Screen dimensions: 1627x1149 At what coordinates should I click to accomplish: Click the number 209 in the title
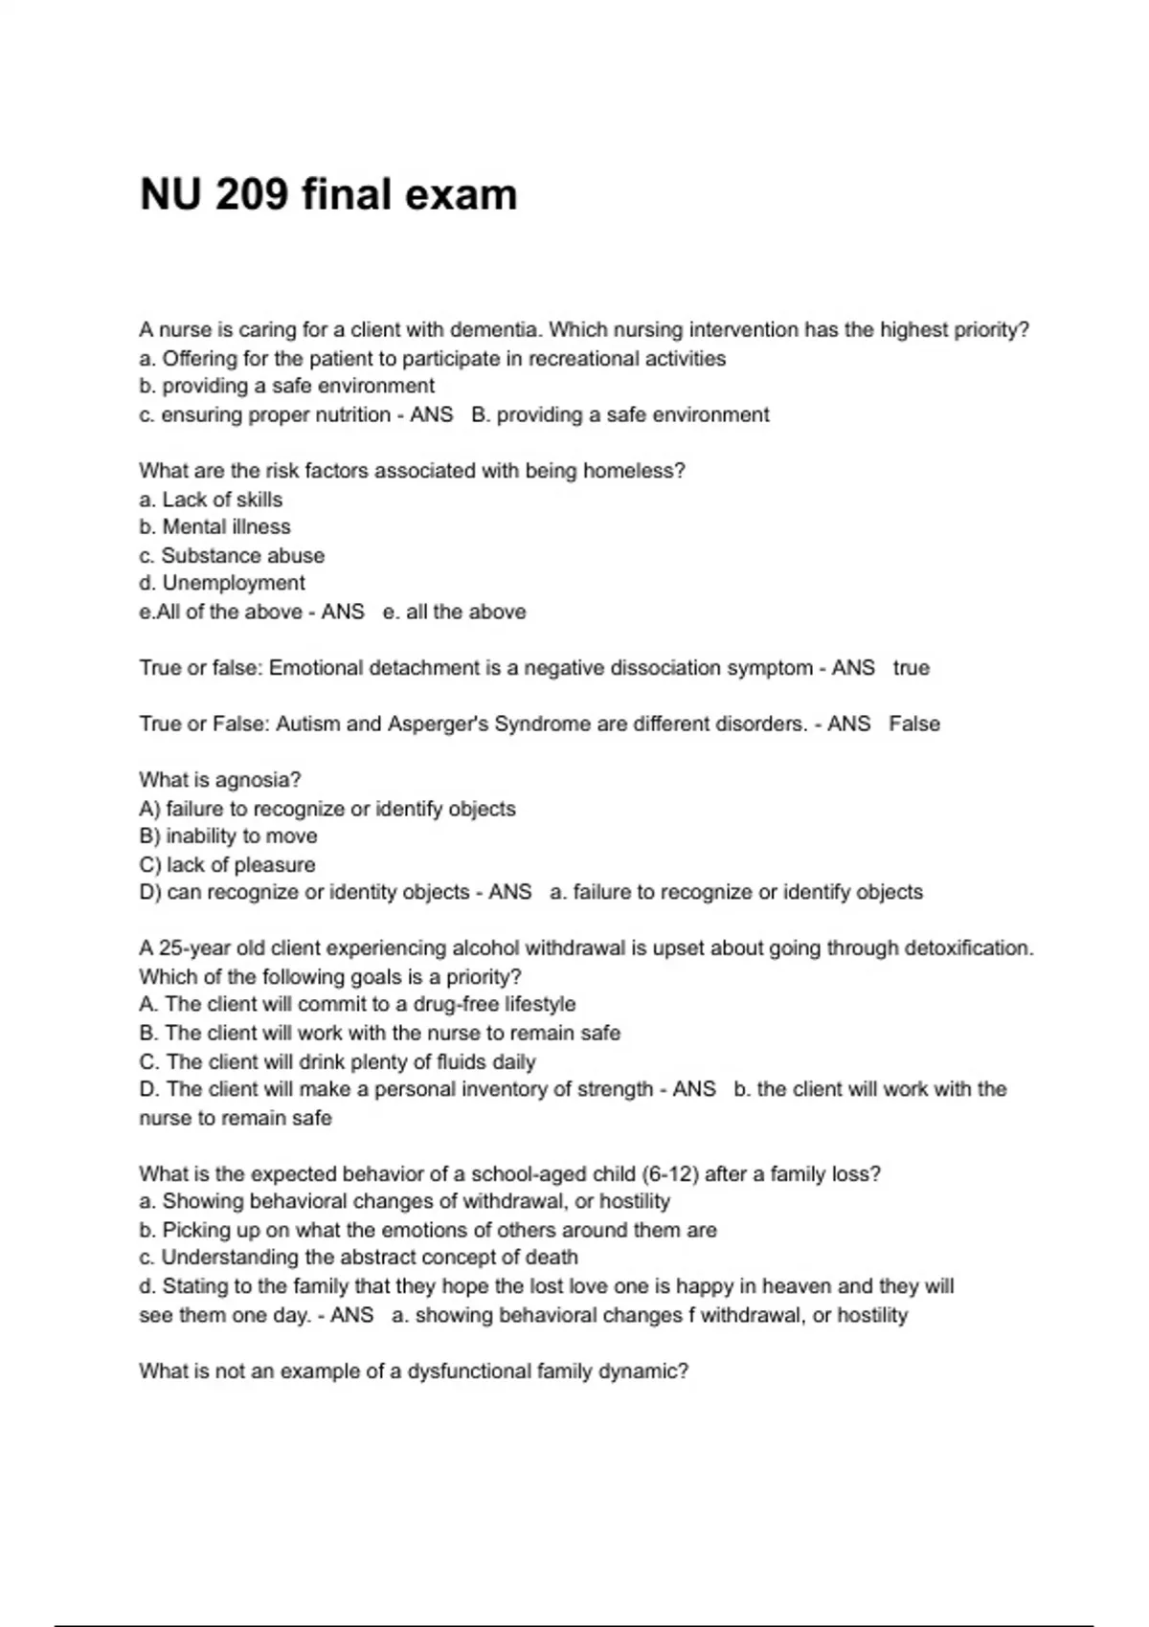tap(252, 194)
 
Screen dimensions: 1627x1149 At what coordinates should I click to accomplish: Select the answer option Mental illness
tap(226, 527)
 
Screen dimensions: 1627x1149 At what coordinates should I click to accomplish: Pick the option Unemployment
tap(234, 583)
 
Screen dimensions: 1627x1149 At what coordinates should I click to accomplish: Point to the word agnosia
tap(258, 781)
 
